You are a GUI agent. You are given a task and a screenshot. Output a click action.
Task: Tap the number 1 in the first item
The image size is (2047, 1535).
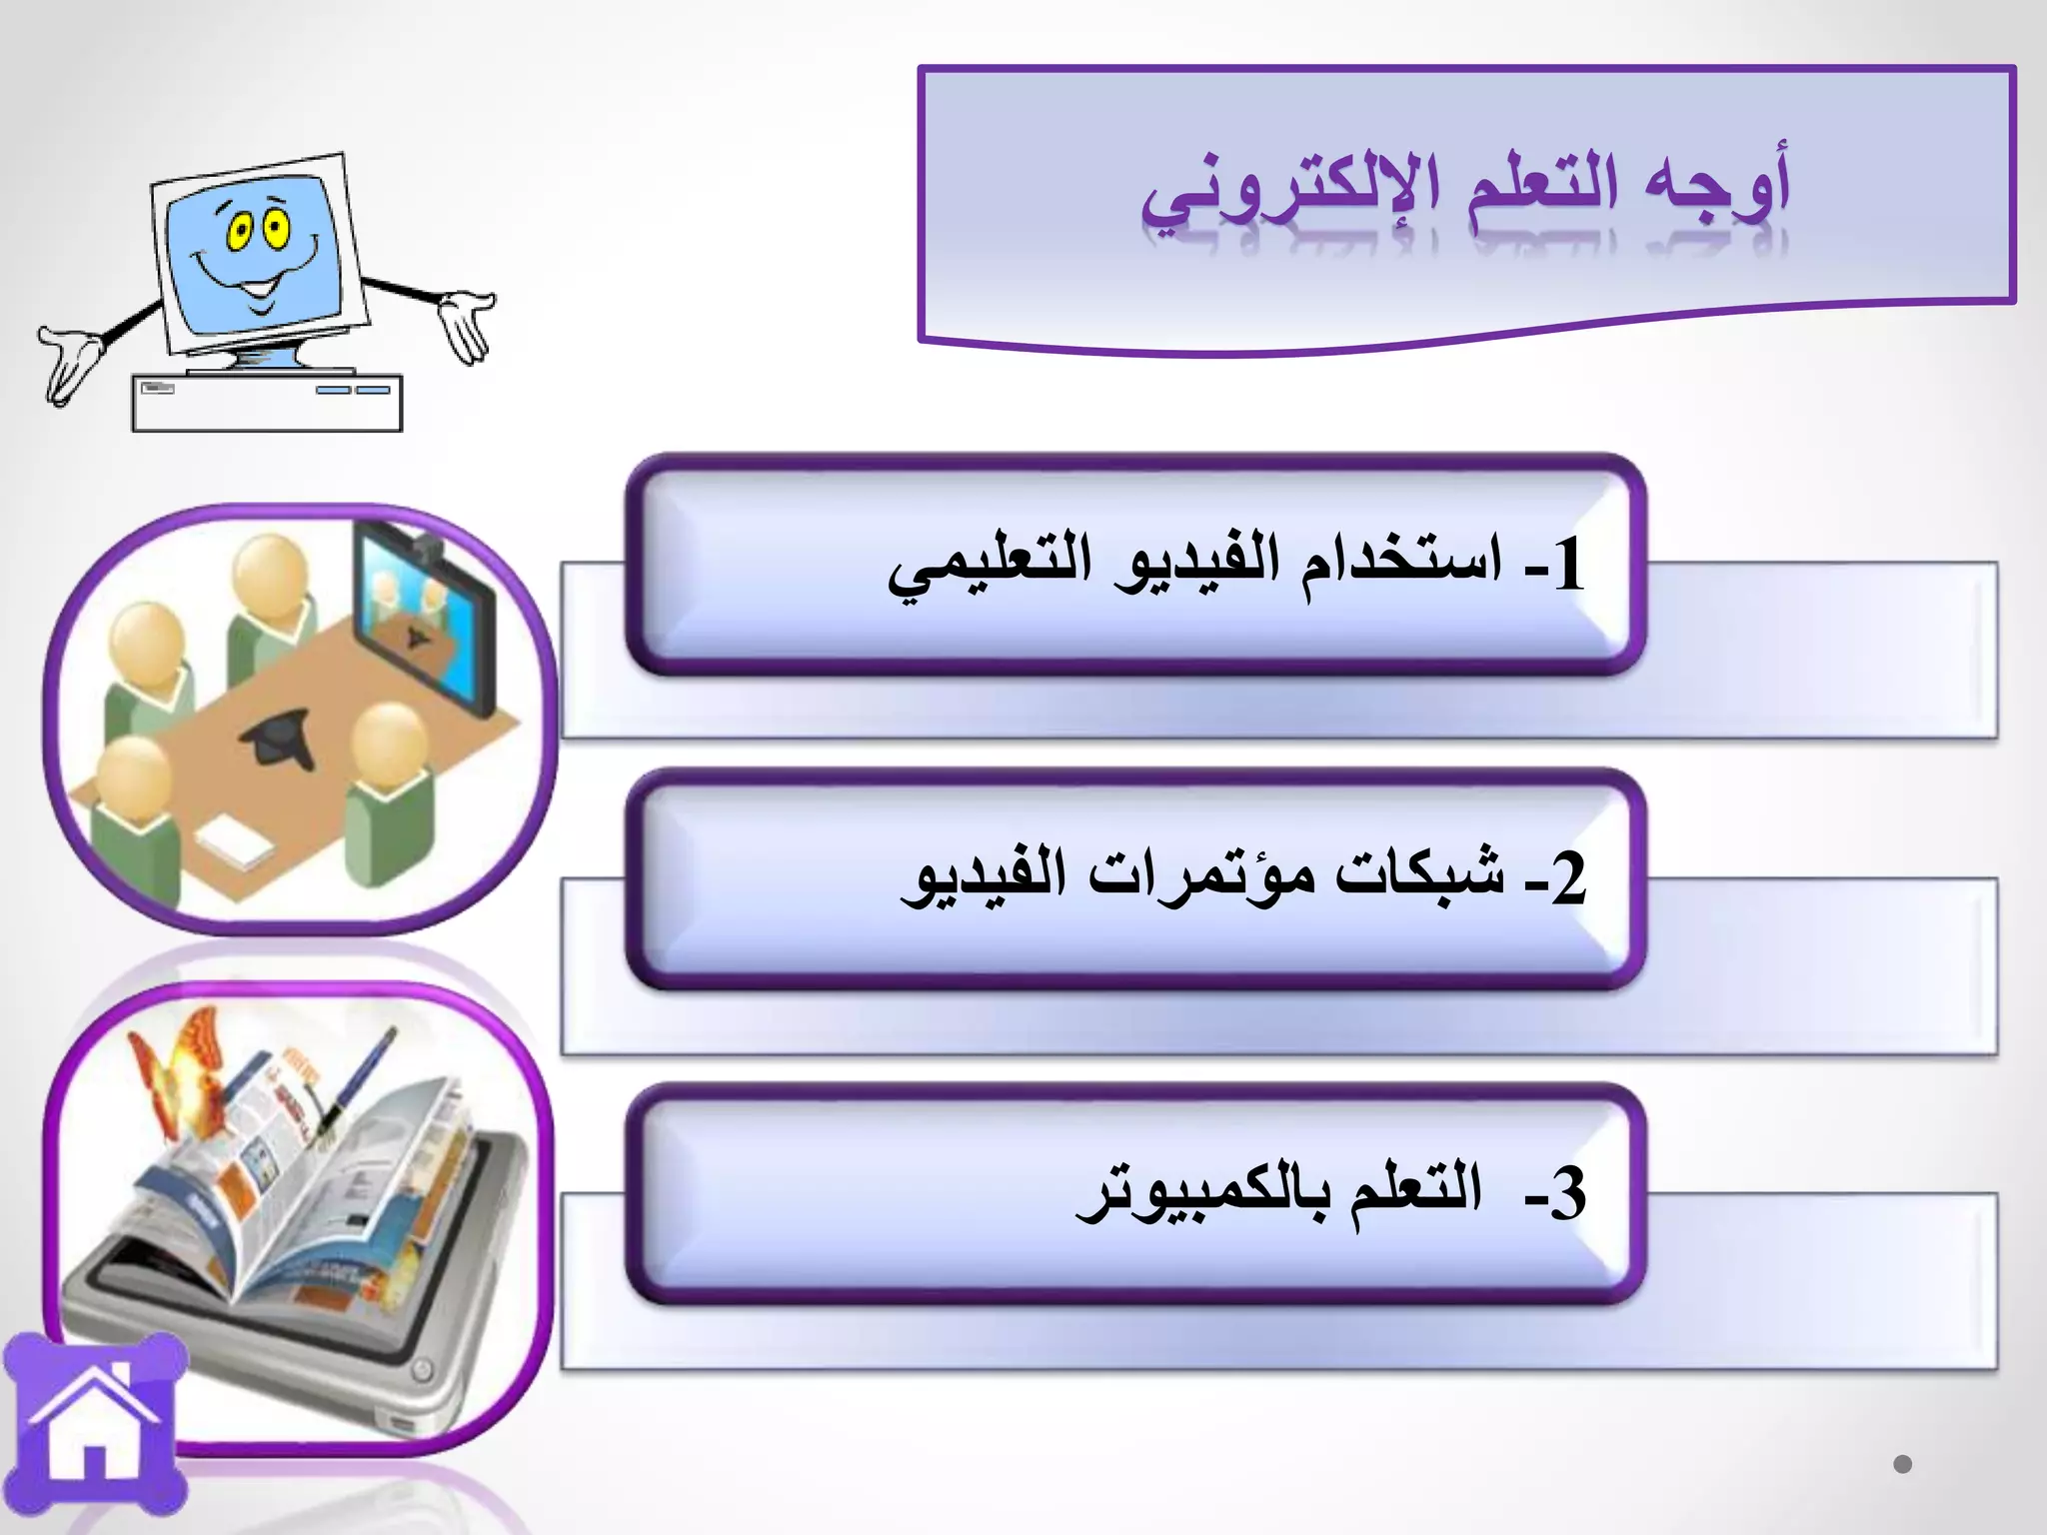(1567, 565)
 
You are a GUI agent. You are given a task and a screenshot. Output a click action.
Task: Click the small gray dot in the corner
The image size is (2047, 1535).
(1902, 1464)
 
